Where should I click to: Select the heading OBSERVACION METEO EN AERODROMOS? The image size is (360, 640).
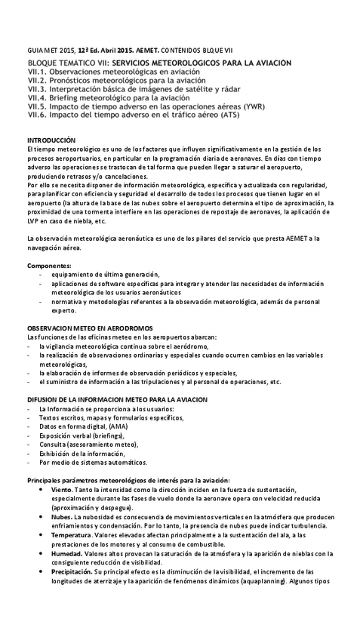point(91,328)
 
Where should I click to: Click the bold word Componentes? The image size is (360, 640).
point(50,266)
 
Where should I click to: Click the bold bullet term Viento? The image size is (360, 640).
point(63,489)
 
